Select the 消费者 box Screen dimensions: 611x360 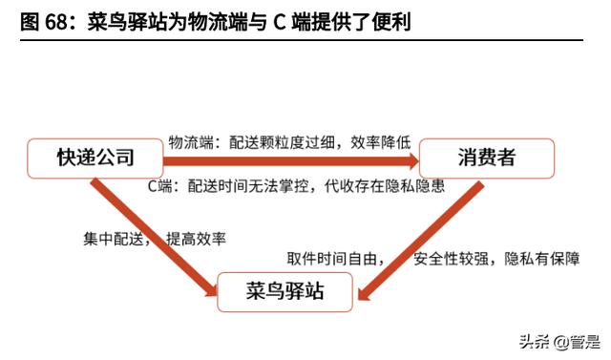487,159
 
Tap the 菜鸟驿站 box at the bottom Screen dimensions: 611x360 285,290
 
